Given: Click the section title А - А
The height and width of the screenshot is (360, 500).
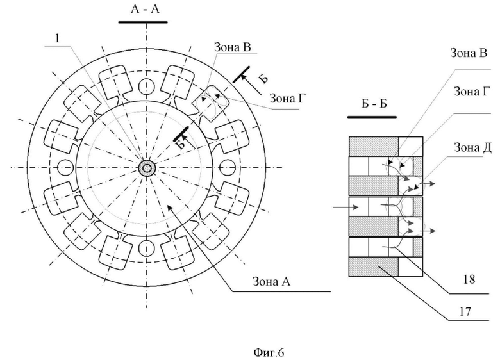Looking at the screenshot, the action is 145,9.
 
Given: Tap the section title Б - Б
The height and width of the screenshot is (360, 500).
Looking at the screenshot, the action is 374,104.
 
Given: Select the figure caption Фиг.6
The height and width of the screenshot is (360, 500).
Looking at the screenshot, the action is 269,352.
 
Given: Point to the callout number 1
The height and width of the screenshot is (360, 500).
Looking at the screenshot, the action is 58,38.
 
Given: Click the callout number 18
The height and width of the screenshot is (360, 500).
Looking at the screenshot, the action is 469,279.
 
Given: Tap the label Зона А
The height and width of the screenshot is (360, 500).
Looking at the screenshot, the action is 271,281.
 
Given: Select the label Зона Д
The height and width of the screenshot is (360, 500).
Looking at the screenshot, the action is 472,147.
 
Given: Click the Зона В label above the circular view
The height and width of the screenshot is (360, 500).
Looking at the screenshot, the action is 233,47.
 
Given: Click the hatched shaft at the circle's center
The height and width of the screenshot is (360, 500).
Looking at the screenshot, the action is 147,168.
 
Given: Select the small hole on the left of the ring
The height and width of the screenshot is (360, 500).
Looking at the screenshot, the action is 65,168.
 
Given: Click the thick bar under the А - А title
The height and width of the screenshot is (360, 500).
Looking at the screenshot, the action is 143,22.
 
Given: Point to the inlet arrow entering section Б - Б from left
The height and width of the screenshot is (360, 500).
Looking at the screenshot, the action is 346,208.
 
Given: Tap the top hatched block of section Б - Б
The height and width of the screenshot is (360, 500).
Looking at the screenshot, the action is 374,146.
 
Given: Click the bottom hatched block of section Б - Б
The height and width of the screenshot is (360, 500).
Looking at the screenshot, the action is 374,266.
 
